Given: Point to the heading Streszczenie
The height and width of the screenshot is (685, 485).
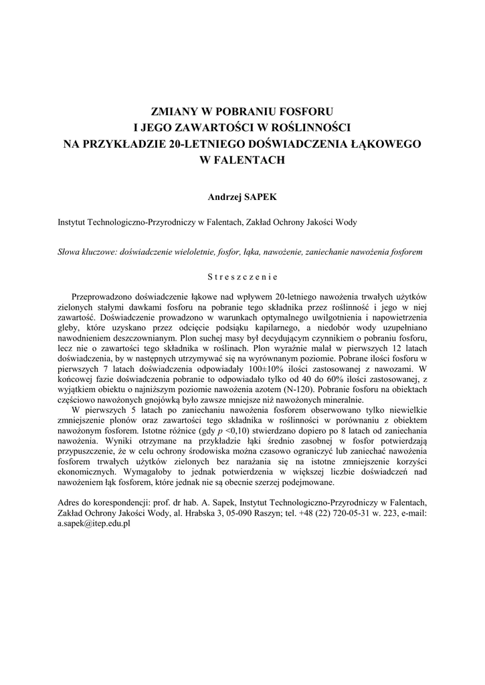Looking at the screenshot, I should click(x=242, y=275).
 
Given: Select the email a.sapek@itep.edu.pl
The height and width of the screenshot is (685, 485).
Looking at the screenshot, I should click(x=94, y=525).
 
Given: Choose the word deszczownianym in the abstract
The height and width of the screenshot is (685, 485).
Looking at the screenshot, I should click(x=147, y=338).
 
